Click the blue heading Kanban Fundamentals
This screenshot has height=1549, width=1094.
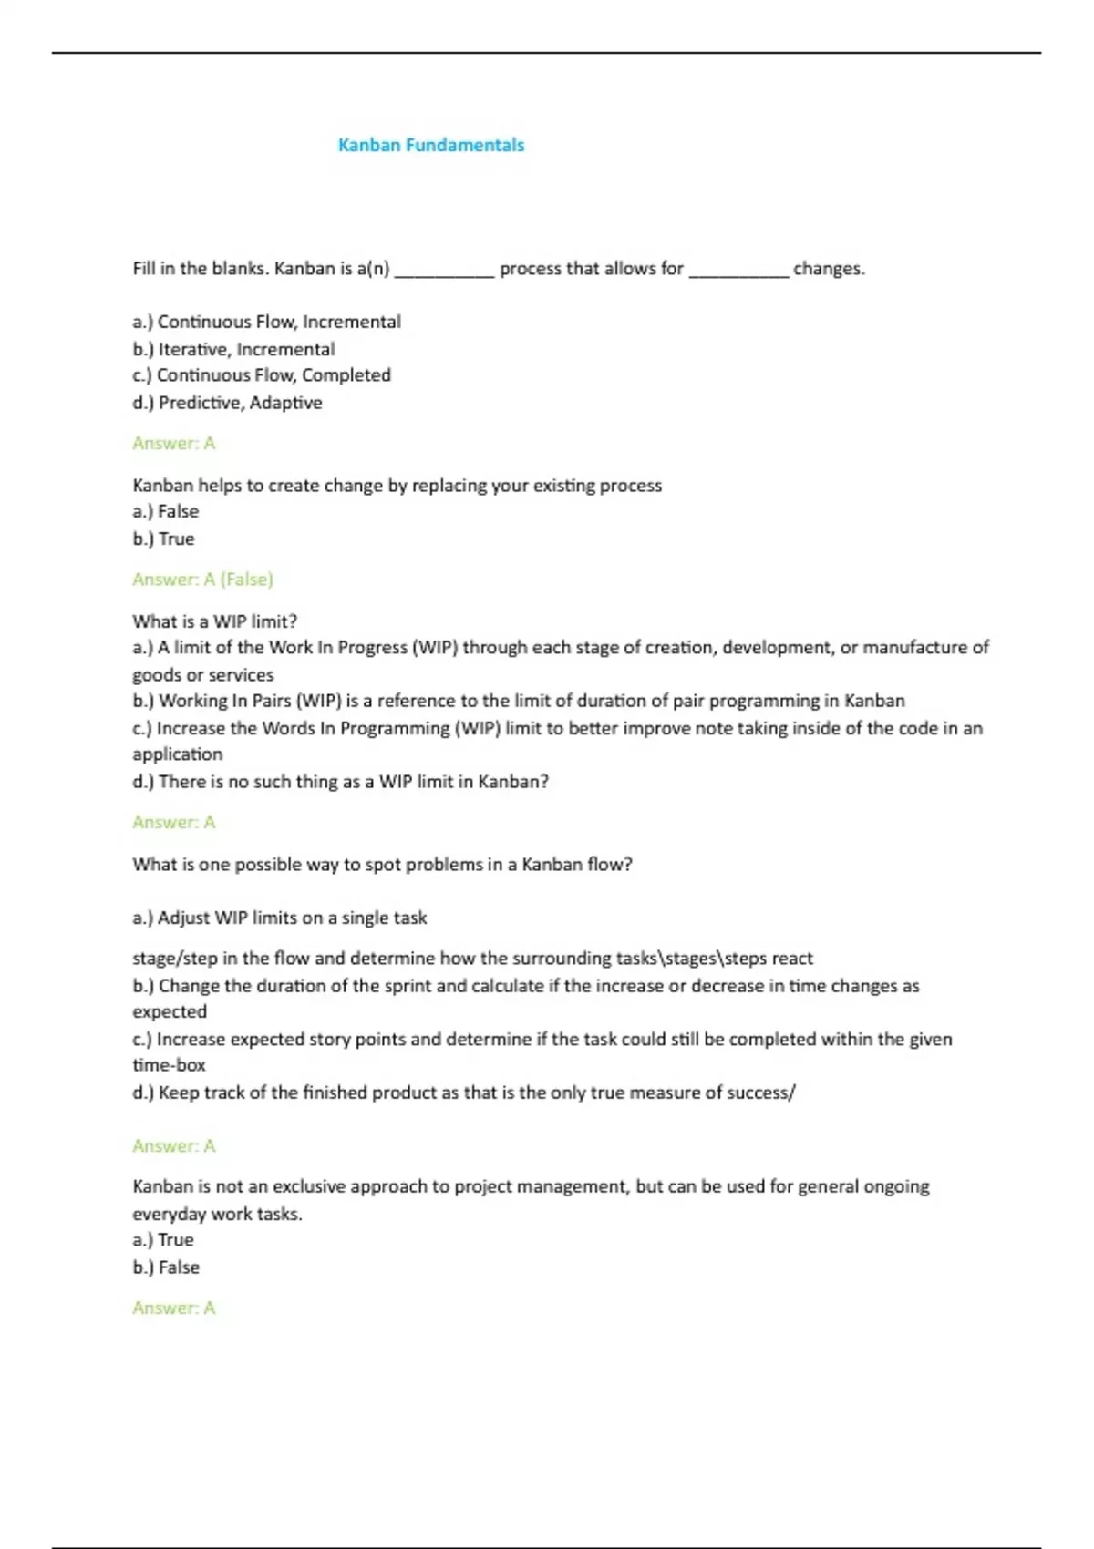pyautogui.click(x=431, y=145)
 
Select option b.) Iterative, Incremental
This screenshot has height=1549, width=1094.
pyautogui.click(x=233, y=349)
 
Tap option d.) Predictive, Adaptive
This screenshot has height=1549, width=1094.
pyautogui.click(x=227, y=403)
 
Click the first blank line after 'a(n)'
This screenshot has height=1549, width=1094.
pyautogui.click(x=444, y=271)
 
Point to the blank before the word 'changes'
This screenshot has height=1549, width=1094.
pyautogui.click(x=738, y=271)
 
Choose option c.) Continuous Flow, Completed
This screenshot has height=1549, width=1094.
pyautogui.click(x=262, y=375)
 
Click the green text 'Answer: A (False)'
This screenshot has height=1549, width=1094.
pyautogui.click(x=202, y=580)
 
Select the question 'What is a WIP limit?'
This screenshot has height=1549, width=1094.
pyautogui.click(x=215, y=621)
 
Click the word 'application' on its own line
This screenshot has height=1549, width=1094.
pyautogui.click(x=178, y=754)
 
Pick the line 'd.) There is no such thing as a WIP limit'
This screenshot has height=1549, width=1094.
pyautogui.click(x=340, y=782)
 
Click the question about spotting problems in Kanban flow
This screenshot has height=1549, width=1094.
pyautogui.click(x=382, y=865)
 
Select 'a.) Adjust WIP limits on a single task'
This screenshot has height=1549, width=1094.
pyautogui.click(x=280, y=918)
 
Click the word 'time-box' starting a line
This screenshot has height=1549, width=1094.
pyautogui.click(x=170, y=1065)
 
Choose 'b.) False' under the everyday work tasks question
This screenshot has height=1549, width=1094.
pyautogui.click(x=166, y=1267)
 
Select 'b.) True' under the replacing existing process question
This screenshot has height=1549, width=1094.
pyautogui.click(x=163, y=539)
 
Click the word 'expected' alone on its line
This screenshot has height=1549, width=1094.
pyautogui.click(x=170, y=1012)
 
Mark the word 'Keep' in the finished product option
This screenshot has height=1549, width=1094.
pyautogui.click(x=179, y=1093)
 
